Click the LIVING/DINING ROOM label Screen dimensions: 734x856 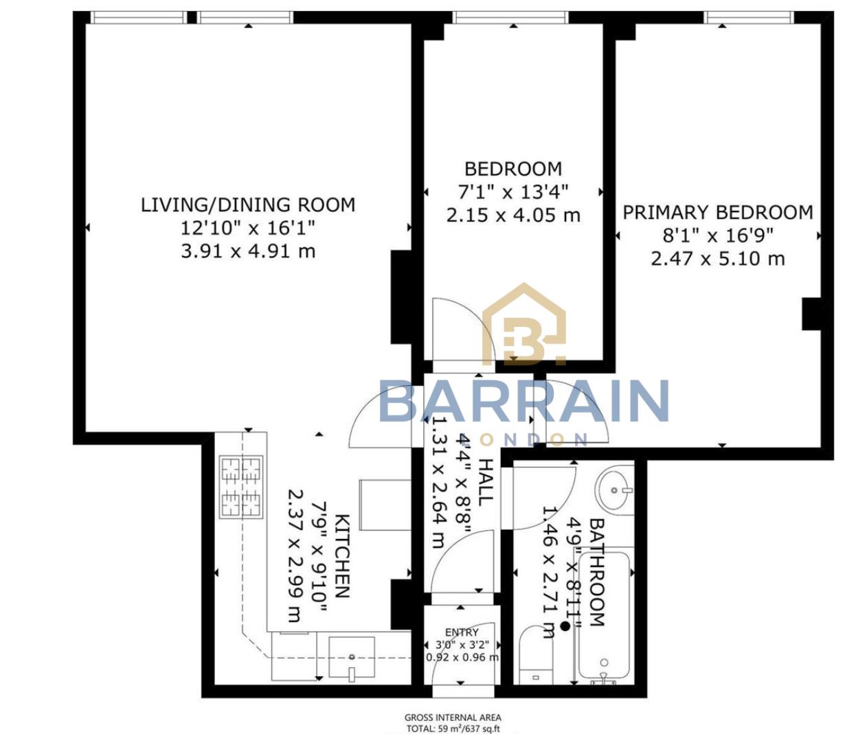[x=248, y=205]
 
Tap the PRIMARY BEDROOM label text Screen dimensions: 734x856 [x=718, y=212]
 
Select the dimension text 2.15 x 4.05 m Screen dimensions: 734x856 [x=513, y=215]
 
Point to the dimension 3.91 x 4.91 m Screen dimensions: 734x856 [x=248, y=251]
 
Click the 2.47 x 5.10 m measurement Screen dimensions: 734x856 [x=718, y=259]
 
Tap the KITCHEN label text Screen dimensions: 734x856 [x=342, y=555]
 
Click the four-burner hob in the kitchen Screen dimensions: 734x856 [x=241, y=487]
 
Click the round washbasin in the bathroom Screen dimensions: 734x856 [x=615, y=490]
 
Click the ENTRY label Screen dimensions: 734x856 [x=462, y=632]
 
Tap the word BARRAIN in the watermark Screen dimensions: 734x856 [x=523, y=402]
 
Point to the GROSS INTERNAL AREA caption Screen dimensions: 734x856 [x=453, y=718]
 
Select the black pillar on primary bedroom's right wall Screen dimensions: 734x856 [x=812, y=314]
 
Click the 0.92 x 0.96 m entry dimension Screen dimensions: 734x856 [x=462, y=657]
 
